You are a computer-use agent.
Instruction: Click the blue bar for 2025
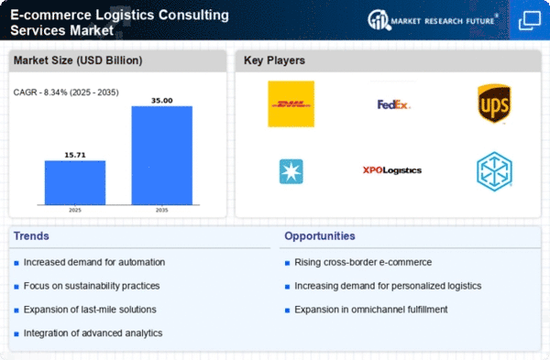pos(75,182)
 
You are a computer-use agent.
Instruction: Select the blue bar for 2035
pos(161,156)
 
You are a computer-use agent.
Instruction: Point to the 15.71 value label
pos(75,155)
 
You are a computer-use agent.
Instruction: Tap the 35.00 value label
pos(161,101)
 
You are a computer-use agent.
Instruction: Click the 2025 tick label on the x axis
pos(75,210)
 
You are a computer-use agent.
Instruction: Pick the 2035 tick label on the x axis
pos(161,210)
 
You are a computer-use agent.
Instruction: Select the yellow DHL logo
pos(291,104)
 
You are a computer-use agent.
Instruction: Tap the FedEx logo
pos(393,104)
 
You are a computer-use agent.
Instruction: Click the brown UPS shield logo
pos(494,104)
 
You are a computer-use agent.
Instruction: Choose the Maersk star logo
pos(291,172)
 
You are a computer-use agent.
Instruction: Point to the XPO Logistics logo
pos(392,170)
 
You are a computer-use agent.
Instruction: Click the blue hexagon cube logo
pos(494,171)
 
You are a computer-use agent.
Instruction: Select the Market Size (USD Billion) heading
pos(78,60)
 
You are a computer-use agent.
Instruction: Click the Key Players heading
pos(274,60)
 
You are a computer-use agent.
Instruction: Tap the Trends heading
pos(31,236)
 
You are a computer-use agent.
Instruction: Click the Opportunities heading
pos(320,236)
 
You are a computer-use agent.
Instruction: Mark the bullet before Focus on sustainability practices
pos(16,287)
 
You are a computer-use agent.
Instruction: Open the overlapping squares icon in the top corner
pos(530,20)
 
